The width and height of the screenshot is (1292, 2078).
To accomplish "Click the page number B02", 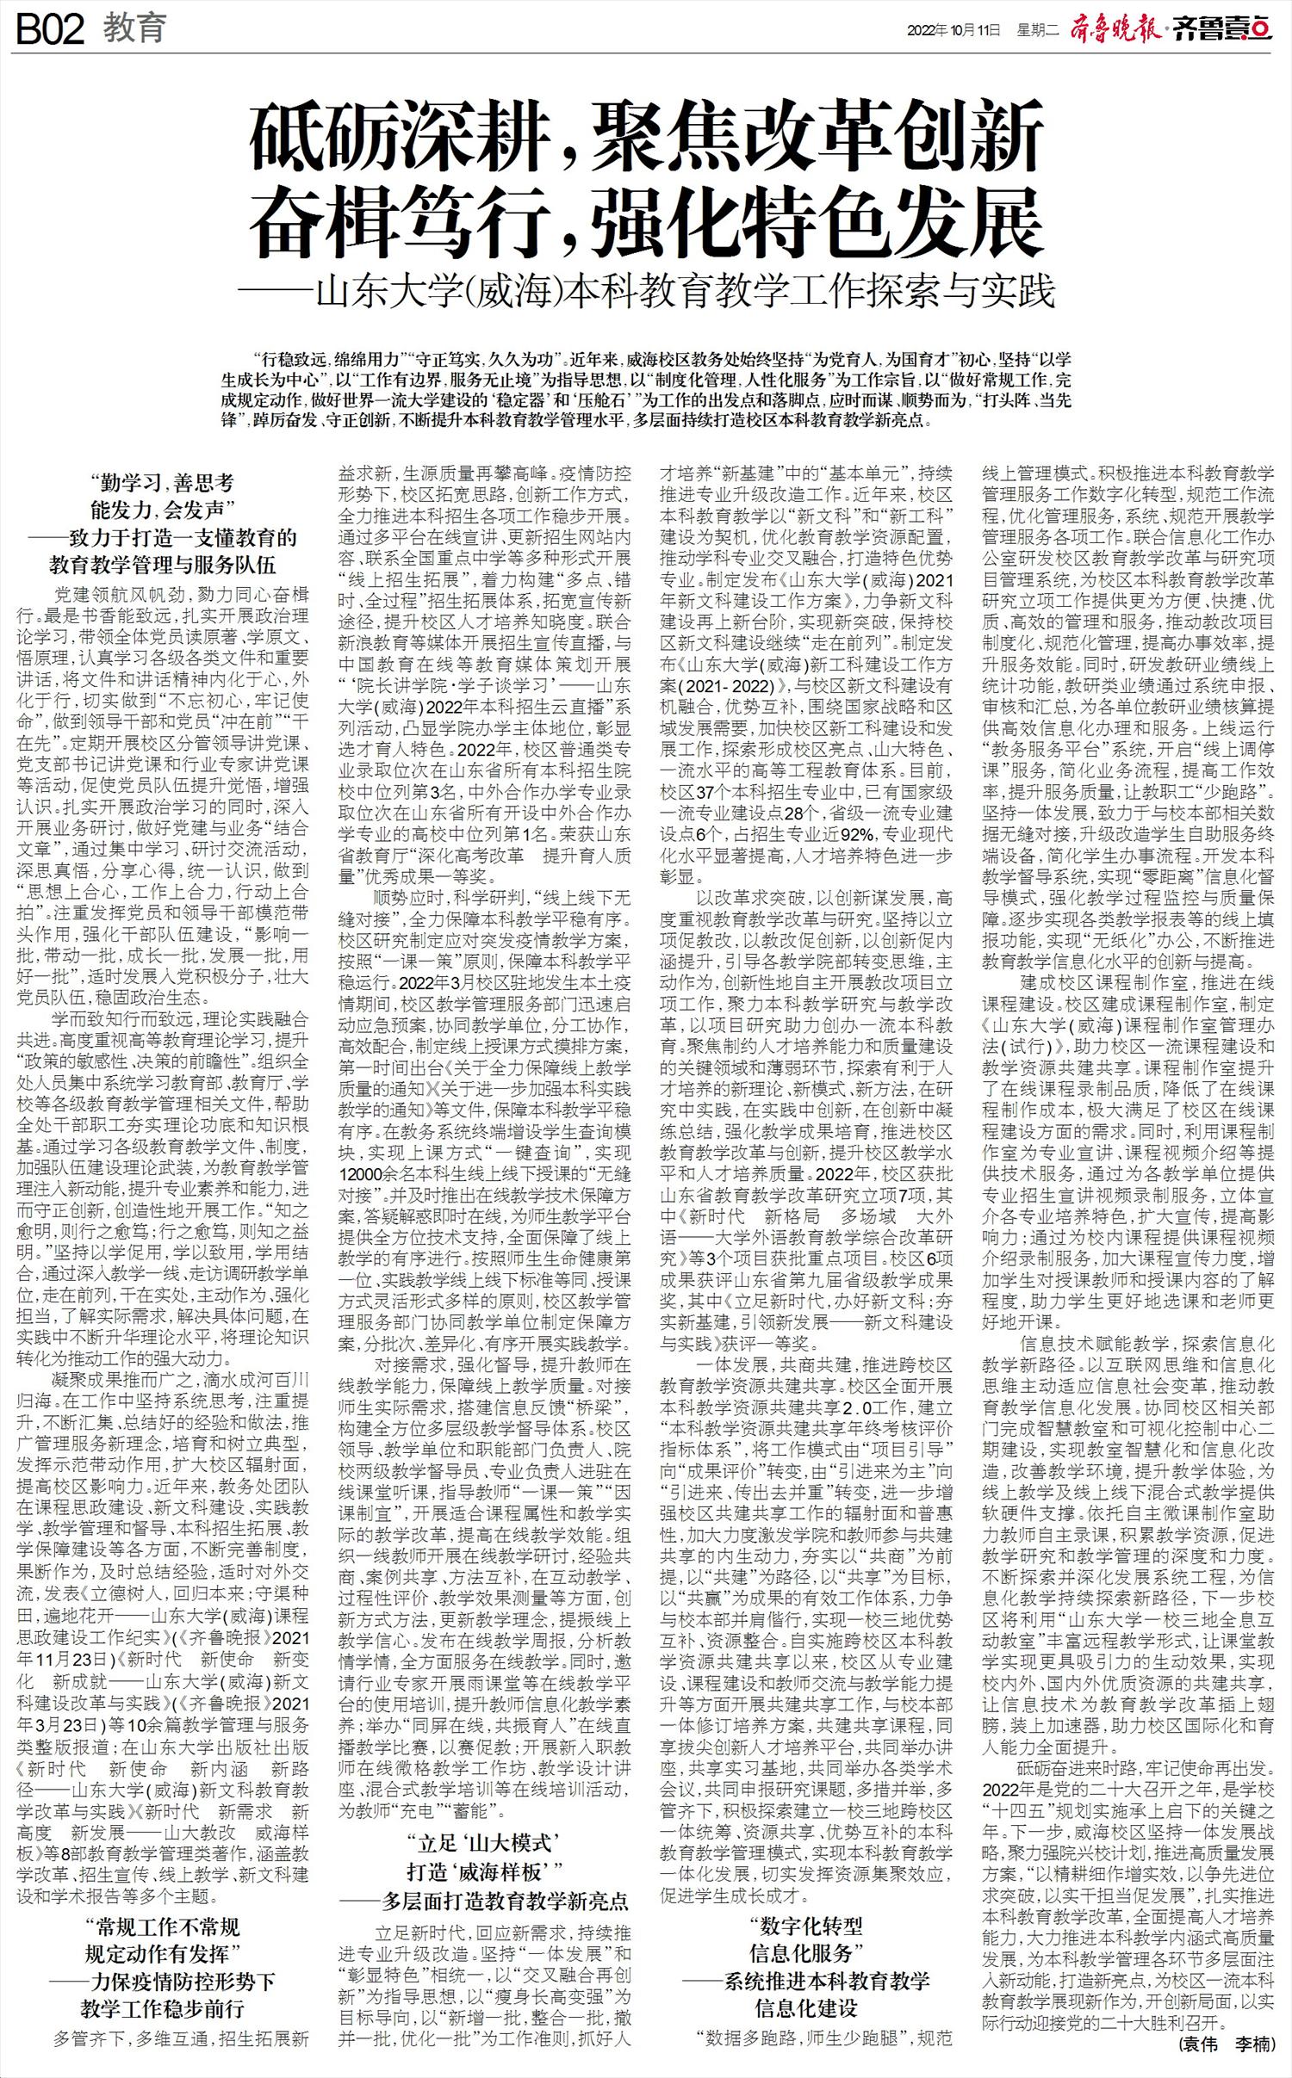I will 50,29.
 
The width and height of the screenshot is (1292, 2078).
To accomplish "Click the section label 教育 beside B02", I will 135,28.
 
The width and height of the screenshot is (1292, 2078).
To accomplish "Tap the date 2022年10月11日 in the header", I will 953,30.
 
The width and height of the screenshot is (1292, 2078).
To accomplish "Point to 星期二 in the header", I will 1037,30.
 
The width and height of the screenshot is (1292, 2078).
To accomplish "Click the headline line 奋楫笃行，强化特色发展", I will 646,223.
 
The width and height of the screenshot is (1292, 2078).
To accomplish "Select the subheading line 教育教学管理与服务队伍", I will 163,565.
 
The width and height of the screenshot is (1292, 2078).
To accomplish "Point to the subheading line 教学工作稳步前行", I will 163,2009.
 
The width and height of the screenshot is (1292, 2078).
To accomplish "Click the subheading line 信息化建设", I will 806,2008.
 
